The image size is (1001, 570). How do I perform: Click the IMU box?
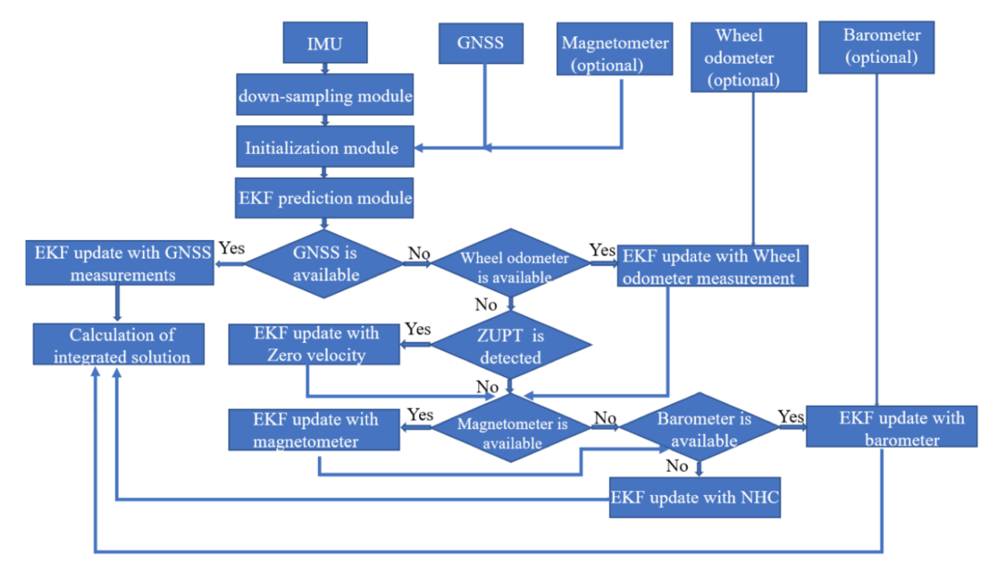click(x=324, y=44)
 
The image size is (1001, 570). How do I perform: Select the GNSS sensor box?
click(x=481, y=44)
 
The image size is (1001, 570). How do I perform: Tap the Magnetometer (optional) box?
click(x=615, y=53)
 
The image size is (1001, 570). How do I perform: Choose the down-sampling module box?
click(x=324, y=96)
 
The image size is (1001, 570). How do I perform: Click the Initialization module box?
click(x=322, y=147)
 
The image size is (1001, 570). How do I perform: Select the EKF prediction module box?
click(x=324, y=197)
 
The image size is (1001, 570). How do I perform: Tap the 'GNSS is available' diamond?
click(x=324, y=263)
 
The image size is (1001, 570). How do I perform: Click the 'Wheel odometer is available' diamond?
click(x=513, y=266)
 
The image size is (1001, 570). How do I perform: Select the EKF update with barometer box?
click(x=891, y=427)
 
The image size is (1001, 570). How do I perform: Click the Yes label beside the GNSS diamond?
click(x=232, y=248)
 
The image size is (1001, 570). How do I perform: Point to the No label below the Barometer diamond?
click(x=677, y=465)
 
